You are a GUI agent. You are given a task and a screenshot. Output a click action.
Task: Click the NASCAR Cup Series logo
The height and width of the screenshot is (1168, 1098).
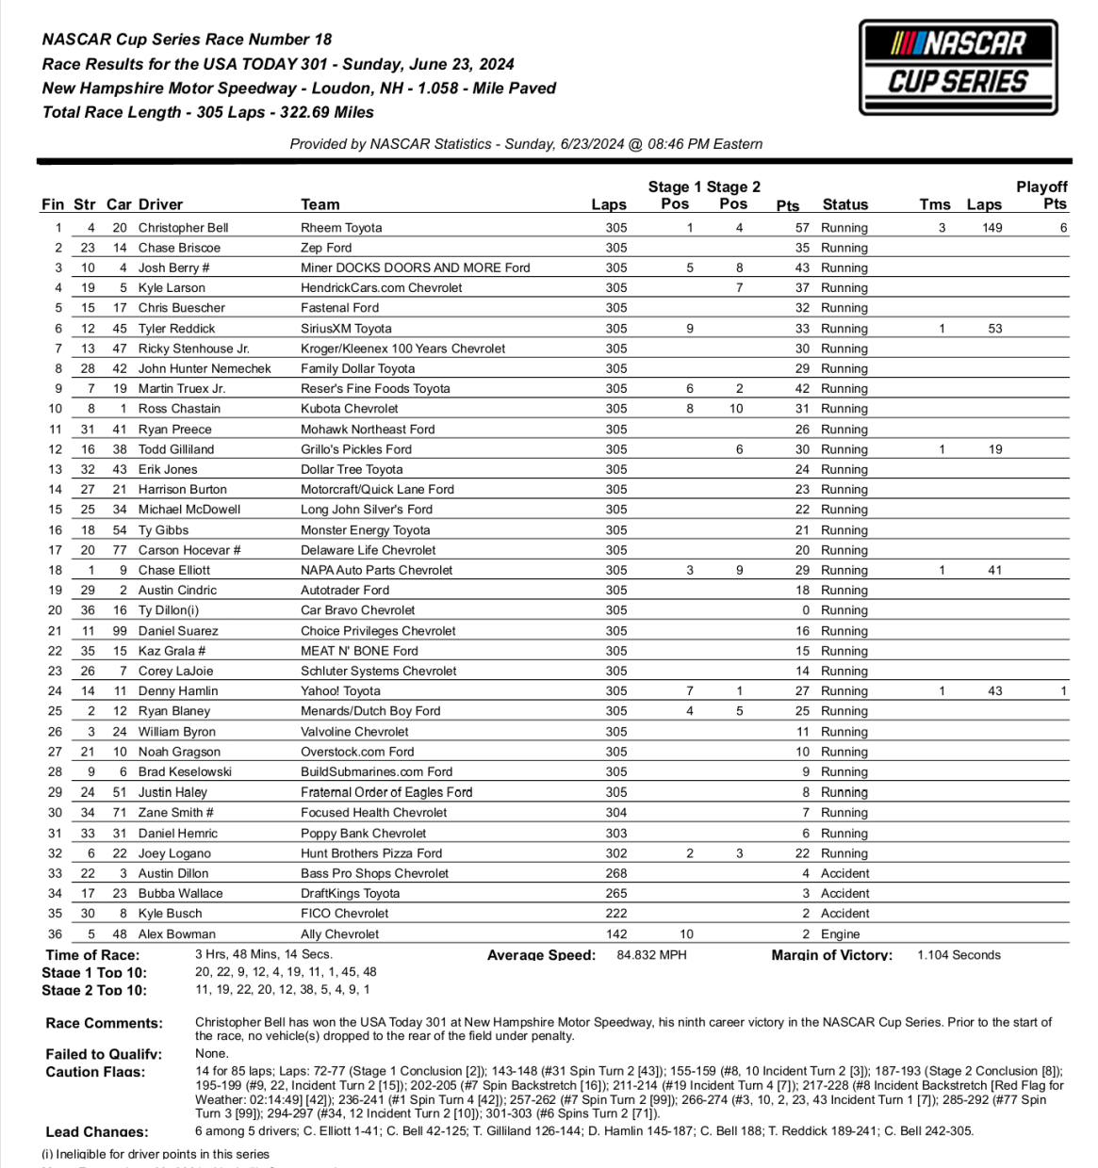tap(958, 68)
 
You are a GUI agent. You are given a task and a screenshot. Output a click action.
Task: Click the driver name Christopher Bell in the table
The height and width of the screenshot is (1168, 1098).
tap(183, 228)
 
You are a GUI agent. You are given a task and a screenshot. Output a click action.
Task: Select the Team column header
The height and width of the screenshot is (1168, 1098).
tap(320, 204)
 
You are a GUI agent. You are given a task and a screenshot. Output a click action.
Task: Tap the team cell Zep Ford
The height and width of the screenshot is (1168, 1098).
tap(326, 248)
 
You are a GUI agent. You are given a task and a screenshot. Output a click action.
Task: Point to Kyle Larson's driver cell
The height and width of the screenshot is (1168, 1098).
tap(172, 288)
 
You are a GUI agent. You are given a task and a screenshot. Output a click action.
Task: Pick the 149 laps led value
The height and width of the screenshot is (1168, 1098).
tap(991, 228)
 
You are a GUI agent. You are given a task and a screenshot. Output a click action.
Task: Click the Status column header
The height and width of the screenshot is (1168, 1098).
tap(844, 204)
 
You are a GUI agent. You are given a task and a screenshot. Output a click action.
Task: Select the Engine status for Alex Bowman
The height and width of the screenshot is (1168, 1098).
tap(840, 934)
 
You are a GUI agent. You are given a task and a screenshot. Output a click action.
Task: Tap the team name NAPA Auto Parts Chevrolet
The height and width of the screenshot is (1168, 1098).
tap(376, 571)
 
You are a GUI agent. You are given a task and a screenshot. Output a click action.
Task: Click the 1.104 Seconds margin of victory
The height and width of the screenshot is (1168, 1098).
tap(959, 955)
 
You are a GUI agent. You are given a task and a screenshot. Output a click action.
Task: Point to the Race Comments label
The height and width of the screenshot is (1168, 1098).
tap(104, 1023)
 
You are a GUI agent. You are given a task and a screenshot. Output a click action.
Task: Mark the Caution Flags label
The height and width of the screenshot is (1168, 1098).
tap(95, 1072)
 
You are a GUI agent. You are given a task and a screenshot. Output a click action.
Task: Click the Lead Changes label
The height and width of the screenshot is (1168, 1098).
tap(97, 1132)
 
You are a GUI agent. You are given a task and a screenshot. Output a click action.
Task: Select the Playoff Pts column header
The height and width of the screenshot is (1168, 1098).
tap(1041, 195)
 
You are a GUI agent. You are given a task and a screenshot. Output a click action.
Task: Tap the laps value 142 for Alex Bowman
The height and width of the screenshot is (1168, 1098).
tap(616, 934)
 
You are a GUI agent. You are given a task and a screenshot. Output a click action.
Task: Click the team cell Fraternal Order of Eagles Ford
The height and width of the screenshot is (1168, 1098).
tap(386, 793)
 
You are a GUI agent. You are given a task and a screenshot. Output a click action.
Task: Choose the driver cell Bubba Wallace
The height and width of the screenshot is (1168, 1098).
tap(180, 894)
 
